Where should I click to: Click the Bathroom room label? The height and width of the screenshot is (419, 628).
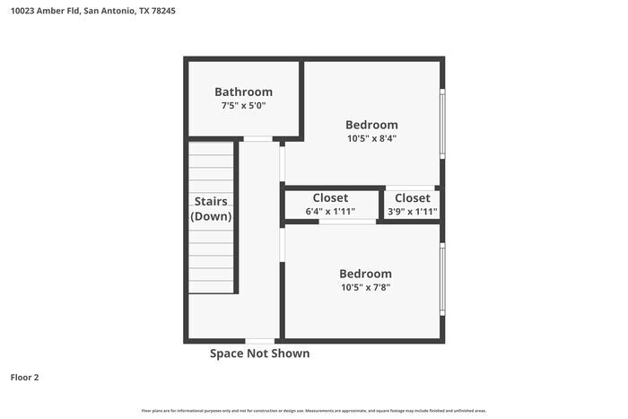tap(243, 92)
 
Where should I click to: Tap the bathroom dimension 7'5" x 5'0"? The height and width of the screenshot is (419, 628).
tap(243, 106)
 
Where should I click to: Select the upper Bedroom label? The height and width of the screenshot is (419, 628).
tap(371, 125)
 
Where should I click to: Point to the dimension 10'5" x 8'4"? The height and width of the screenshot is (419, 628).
tap(371, 139)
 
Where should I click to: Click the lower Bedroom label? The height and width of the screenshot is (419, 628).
tap(365, 274)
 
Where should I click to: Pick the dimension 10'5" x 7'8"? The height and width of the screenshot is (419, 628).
tap(365, 288)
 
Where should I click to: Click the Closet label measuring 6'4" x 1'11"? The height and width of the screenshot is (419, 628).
tap(330, 197)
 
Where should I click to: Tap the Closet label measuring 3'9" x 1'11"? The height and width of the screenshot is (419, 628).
tap(412, 197)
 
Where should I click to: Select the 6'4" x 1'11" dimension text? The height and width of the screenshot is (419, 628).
tap(330, 212)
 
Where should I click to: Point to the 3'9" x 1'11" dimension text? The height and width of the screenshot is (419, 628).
tap(412, 212)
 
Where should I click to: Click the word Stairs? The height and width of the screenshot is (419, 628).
tap(211, 202)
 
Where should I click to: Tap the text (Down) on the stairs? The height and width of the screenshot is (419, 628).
tap(211, 216)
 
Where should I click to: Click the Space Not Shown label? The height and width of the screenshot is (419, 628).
tap(259, 354)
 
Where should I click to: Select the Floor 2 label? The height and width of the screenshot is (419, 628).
tap(24, 378)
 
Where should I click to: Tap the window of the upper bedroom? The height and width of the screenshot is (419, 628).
tap(441, 124)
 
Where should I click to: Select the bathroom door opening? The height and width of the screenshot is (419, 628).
tap(258, 139)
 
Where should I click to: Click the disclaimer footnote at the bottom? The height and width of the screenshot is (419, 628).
tap(313, 410)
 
